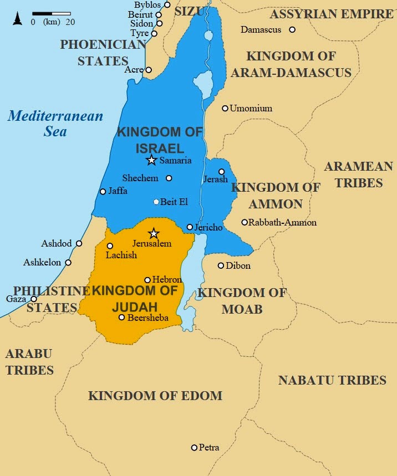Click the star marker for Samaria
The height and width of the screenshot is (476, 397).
click(x=151, y=160)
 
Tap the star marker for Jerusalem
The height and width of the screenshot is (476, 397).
click(x=154, y=233)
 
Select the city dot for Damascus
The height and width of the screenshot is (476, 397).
click(x=292, y=29)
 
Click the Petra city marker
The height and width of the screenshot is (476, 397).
click(x=194, y=447)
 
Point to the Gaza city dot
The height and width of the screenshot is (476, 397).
click(x=33, y=299)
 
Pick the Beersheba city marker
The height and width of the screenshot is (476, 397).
click(x=122, y=318)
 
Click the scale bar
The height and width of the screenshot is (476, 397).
click(x=52, y=13)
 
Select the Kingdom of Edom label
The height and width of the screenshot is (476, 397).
click(x=155, y=396)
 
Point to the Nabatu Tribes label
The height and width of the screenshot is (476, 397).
click(x=332, y=380)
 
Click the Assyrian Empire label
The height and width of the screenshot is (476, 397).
click(x=332, y=14)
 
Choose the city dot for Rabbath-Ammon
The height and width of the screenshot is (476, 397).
click(x=245, y=222)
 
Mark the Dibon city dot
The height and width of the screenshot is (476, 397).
click(x=221, y=265)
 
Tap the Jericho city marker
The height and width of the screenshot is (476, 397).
click(x=190, y=227)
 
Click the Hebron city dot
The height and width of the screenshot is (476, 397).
click(x=147, y=280)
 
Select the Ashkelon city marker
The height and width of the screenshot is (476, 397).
click(x=68, y=263)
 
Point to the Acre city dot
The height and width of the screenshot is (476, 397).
click(x=148, y=70)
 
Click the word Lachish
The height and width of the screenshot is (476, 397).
click(x=121, y=255)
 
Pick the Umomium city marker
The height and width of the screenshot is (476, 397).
click(x=225, y=108)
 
